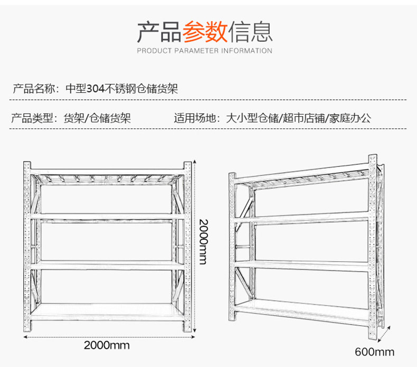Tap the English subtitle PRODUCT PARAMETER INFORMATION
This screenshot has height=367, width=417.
tap(204, 51)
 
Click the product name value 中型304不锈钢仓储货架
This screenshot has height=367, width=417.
tap(121, 89)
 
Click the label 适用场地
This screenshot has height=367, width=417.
tap(195, 118)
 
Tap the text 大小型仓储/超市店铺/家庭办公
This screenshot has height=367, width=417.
tap(298, 118)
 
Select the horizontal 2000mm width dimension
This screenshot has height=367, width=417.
tap(107, 345)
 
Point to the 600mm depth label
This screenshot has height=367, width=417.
tap(375, 352)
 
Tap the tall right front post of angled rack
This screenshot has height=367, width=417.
tap(373, 248)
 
